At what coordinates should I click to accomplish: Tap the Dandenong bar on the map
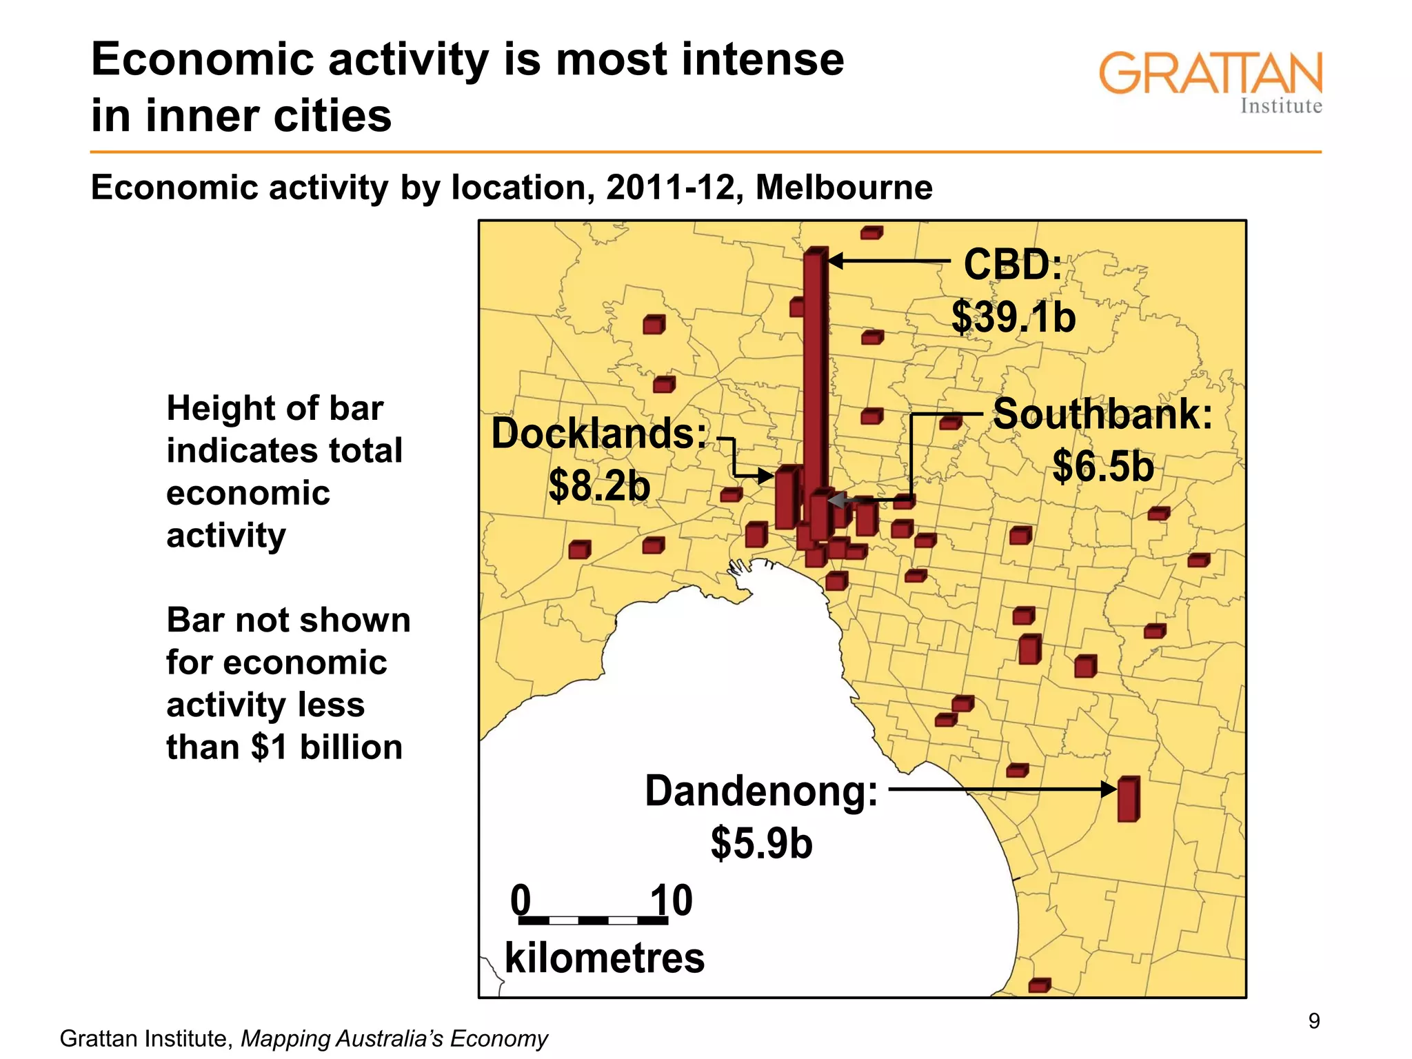pos(1128,799)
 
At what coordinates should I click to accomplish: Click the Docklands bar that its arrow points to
pos(786,498)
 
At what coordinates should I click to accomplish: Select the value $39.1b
pos(1013,317)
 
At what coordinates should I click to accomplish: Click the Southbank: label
pos(1102,414)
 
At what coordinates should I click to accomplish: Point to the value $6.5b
pos(1102,466)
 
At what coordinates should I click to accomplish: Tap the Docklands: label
pos(598,434)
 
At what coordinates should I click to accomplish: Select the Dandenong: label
pos(761,791)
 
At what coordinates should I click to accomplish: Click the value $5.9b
pos(761,843)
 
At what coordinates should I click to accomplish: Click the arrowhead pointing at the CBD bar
pos(836,261)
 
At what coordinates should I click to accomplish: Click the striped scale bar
pos(593,920)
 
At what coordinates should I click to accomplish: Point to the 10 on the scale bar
pos(672,900)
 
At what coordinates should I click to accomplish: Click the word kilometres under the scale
pos(605,958)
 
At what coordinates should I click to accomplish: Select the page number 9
pos(1314,1021)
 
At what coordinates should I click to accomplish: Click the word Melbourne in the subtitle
pos(843,188)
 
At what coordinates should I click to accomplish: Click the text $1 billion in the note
pos(327,747)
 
